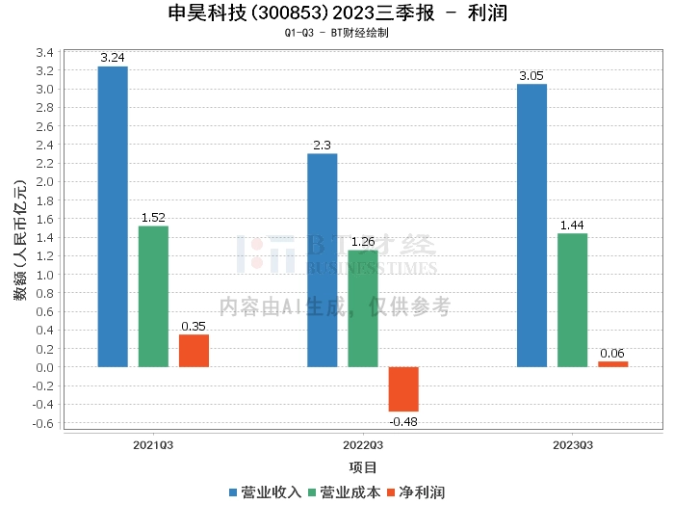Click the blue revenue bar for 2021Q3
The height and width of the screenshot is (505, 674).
(113, 217)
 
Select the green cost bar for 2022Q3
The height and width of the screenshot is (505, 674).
(363, 308)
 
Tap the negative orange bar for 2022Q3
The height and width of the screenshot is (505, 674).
(403, 389)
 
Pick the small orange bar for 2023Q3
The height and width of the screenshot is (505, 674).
(613, 364)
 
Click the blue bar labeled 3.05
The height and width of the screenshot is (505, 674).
(531, 226)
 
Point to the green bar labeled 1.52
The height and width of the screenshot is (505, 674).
(153, 297)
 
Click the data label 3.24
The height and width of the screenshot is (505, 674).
(113, 58)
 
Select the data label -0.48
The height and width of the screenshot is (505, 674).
(403, 422)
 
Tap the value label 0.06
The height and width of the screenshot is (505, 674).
(612, 354)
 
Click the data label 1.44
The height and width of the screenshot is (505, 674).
(572, 226)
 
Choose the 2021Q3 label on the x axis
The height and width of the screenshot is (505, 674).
(153, 445)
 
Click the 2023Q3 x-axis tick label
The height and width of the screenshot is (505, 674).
(573, 445)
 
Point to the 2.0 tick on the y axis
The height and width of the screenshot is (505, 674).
(45, 181)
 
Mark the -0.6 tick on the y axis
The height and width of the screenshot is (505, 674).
(43, 423)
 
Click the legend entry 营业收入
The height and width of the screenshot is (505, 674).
(265, 492)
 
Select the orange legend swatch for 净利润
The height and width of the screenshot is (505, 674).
(391, 492)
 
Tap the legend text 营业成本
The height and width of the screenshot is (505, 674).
(350, 492)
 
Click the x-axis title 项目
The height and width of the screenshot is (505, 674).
(363, 467)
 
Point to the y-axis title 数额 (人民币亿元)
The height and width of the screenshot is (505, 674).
(20, 240)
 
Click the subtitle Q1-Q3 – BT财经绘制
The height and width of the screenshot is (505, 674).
(337, 33)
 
